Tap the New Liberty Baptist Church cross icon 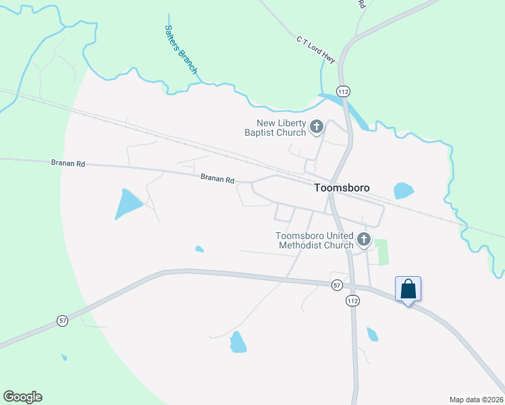(x=316, y=126)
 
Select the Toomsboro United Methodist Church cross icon (x=364, y=239)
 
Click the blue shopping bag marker (x=408, y=289)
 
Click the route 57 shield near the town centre (x=337, y=286)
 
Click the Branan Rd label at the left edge (x=68, y=163)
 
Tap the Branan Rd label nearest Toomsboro (x=217, y=180)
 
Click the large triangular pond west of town (x=127, y=203)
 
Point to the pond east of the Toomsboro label (x=403, y=190)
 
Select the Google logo (x=22, y=397)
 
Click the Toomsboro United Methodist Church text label (x=315, y=240)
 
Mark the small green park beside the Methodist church (x=382, y=251)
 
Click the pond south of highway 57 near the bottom (x=238, y=342)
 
